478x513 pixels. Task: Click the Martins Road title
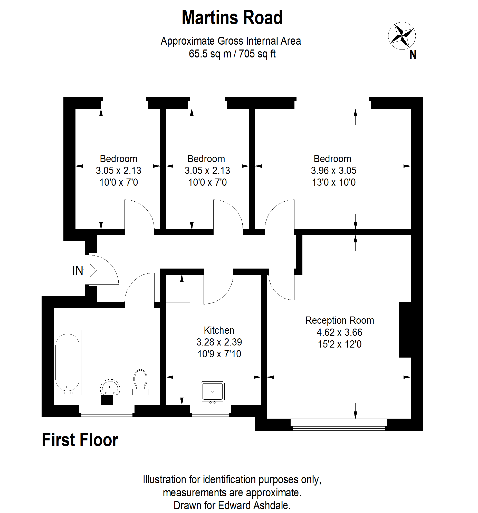(x=232, y=18)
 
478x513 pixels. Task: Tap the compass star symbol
(x=401, y=36)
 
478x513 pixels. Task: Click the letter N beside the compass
(x=412, y=55)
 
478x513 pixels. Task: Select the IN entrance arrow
(x=90, y=270)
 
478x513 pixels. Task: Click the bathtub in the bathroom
(x=67, y=362)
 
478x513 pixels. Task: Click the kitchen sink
(x=212, y=391)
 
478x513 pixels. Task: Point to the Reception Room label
(x=339, y=320)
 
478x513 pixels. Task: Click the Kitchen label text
(x=219, y=330)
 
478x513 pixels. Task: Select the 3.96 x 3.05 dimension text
(x=333, y=170)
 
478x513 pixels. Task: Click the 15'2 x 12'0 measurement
(x=339, y=344)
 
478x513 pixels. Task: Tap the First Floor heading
(x=80, y=440)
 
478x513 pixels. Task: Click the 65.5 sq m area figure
(x=210, y=54)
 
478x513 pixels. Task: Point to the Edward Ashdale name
(x=254, y=505)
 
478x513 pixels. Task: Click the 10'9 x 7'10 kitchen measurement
(x=219, y=354)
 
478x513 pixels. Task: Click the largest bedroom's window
(x=332, y=103)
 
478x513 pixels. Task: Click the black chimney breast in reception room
(x=404, y=330)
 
